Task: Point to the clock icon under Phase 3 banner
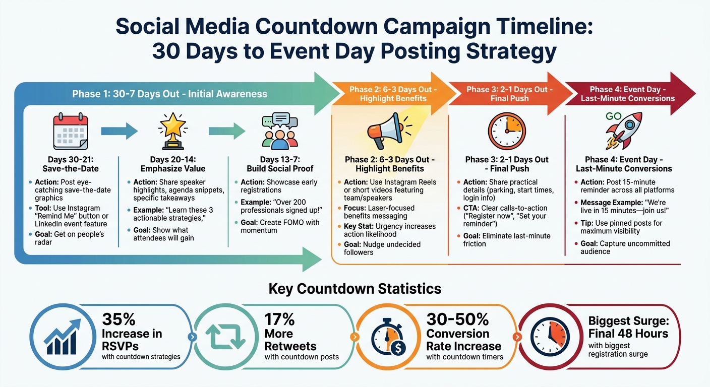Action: pyautogui.click(x=506, y=132)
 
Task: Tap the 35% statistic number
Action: pyautogui.click(x=119, y=319)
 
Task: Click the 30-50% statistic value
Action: pyautogui.click(x=457, y=319)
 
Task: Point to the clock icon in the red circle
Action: pyautogui.click(x=549, y=337)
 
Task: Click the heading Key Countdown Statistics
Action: pyautogui.click(x=355, y=289)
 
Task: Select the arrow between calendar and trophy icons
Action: pyautogui.click(x=120, y=132)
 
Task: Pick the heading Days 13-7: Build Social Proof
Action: pyautogui.click(x=280, y=164)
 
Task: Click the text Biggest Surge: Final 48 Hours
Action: pyautogui.click(x=628, y=327)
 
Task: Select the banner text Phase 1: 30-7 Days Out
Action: pyautogui.click(x=170, y=94)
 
